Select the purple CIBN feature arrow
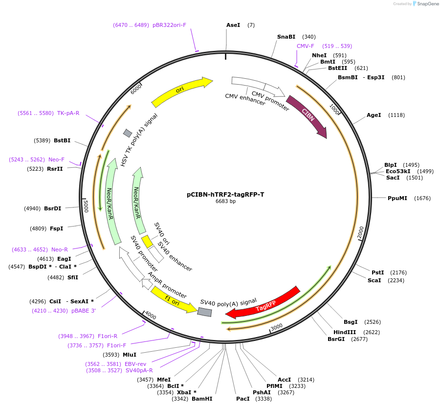pos(307,116)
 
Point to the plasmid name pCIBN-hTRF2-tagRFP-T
pos(225,194)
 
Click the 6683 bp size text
pos(225,201)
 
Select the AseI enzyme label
pos(233,25)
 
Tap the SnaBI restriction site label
pos(286,37)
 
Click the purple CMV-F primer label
pos(306,46)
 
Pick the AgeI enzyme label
pos(374,115)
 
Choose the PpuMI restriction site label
pos(397,198)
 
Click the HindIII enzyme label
pos(343,332)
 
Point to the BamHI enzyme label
pos(202,399)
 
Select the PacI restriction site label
pos(243,399)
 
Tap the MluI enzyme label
pos(130,355)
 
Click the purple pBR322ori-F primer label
pos(169,25)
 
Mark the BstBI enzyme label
pos(62,140)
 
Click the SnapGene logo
pos(424,4)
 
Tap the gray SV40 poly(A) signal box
pos(204,312)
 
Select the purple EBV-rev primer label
pos(136,364)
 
